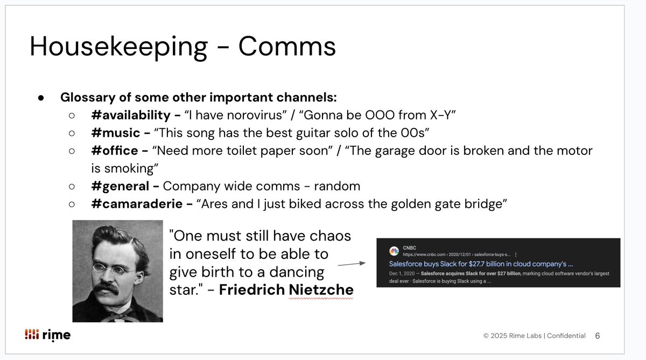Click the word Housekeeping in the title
118,47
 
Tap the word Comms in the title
287,47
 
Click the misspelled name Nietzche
321,290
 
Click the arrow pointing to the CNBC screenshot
351,264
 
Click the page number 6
598,336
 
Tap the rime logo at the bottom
47,335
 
